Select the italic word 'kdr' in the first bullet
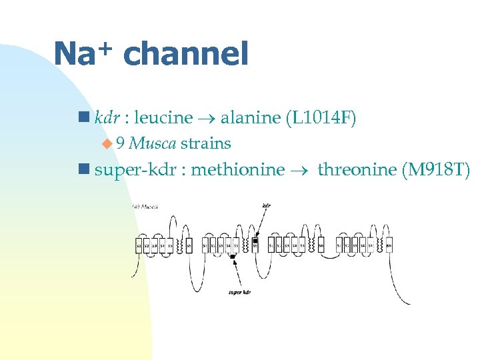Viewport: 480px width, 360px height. pos(107,119)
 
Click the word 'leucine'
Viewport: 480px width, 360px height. pos(163,119)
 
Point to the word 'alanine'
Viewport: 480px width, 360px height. pos(250,119)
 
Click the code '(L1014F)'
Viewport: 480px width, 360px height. pos(321,119)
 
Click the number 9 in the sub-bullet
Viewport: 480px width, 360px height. pos(120,143)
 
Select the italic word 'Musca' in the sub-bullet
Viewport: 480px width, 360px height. pos(153,143)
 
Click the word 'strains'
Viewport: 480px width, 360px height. pos(205,143)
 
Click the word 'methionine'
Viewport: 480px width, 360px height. pos(237,170)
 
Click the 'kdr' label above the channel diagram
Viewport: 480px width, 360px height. pos(267,205)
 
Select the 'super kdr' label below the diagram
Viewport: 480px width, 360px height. pos(239,292)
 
